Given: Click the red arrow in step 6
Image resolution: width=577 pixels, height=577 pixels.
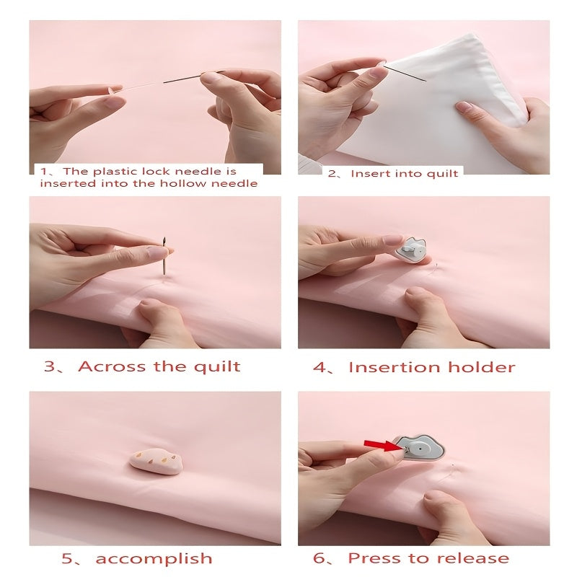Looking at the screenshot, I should click(382, 445).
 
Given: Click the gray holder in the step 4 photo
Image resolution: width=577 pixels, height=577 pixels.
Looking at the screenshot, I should click(413, 250).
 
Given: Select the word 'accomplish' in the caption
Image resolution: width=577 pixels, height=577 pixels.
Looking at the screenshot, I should click(154, 558).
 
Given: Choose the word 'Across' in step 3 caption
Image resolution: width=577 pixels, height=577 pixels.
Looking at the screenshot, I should click(108, 366).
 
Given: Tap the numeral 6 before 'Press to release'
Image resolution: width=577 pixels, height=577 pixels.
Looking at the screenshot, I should click(320, 558).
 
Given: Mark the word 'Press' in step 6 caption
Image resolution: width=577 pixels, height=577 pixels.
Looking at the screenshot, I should click(375, 558).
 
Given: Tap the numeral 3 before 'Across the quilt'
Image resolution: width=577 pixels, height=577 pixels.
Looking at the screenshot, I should click(50, 366).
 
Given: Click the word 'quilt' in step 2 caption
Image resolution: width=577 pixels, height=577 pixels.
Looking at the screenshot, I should click(444, 174).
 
